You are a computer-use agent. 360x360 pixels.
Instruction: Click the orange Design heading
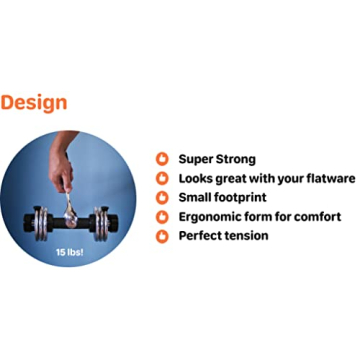[x=34, y=103]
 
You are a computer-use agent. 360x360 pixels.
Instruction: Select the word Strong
[x=237, y=159]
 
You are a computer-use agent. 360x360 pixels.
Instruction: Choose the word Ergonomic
[x=214, y=217]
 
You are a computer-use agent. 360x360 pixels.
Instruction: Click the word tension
[x=247, y=236]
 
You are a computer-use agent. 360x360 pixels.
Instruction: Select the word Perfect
[x=200, y=236]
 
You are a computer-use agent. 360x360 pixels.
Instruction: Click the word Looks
[x=197, y=178]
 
